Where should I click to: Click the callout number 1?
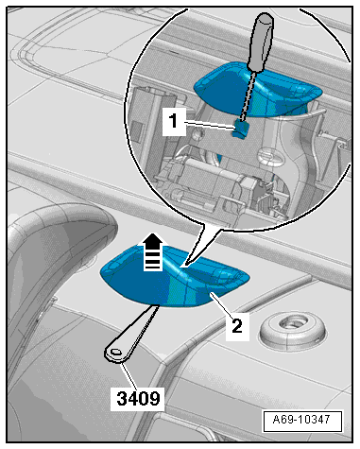click(174, 121)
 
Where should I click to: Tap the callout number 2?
click(237, 326)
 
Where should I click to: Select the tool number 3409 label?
click(138, 398)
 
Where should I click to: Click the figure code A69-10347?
click(301, 420)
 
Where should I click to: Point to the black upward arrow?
click(153, 251)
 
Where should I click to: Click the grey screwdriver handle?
click(260, 42)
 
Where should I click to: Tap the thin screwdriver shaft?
click(248, 95)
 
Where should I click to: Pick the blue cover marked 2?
click(174, 277)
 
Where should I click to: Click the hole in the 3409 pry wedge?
click(115, 352)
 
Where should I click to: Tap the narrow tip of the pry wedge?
click(157, 306)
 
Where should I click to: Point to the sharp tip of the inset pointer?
click(183, 267)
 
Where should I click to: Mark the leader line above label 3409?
click(130, 376)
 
